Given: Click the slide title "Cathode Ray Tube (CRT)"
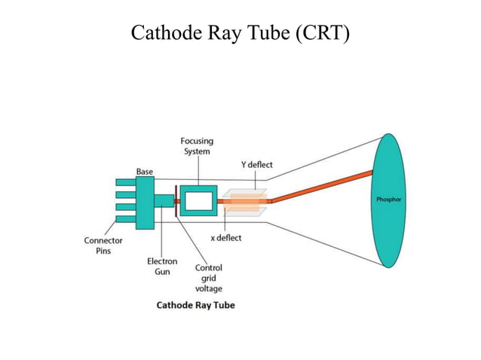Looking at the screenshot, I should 240,34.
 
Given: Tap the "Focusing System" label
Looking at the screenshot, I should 196,146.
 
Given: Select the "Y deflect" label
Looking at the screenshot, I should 257,165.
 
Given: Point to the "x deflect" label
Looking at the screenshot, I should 225,238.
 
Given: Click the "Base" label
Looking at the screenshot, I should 144,172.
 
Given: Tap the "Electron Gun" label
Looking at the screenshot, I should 162,267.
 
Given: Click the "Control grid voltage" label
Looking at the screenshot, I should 209,278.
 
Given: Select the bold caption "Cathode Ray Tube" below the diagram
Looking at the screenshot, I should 195,305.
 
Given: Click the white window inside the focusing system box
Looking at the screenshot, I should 198,201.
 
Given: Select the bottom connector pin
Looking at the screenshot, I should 125,220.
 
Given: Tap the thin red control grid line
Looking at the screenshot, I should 176,201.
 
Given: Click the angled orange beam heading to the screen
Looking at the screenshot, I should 324,187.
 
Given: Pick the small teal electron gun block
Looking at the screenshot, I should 164,201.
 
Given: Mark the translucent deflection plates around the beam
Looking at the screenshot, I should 244,202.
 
